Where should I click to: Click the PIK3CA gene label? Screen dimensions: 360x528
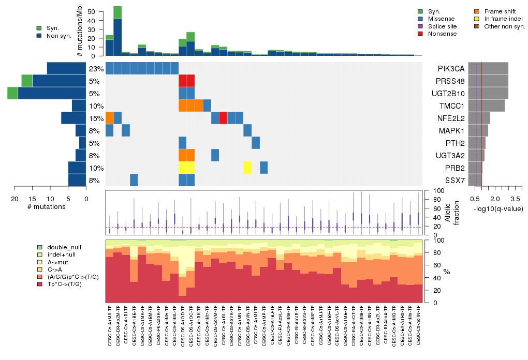450,68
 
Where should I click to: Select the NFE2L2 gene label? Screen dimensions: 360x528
450,118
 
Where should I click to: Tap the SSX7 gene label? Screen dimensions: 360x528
450,180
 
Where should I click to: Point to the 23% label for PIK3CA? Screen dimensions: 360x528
96,69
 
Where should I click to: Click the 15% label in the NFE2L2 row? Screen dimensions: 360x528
96,118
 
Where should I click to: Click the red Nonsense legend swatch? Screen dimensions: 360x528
420,34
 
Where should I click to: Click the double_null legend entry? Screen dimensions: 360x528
64,247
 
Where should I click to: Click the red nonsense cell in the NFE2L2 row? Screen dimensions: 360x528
223,118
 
